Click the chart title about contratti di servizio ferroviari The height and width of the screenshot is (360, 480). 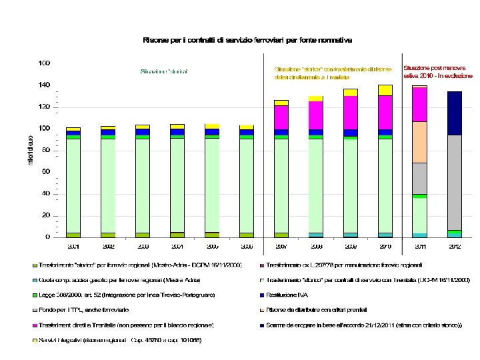tap(247, 41)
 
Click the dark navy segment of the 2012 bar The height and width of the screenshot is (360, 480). tap(454, 113)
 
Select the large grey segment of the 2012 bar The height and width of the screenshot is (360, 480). tap(454, 181)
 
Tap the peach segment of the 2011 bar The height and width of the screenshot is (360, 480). tap(419, 142)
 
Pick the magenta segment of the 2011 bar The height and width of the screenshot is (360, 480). tap(419, 104)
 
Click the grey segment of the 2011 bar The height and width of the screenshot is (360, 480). tap(419, 178)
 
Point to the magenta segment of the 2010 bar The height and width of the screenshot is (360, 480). tap(385, 112)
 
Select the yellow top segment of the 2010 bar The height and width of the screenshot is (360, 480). tap(385, 90)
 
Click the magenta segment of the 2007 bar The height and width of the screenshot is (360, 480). tap(281, 117)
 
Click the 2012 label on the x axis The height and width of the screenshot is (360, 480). tap(454, 246)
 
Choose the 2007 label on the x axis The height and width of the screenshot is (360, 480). tap(281, 246)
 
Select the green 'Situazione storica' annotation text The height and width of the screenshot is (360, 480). tap(164, 71)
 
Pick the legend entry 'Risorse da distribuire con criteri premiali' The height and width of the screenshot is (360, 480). tap(321, 309)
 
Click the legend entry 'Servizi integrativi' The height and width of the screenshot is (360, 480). tap(121, 341)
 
